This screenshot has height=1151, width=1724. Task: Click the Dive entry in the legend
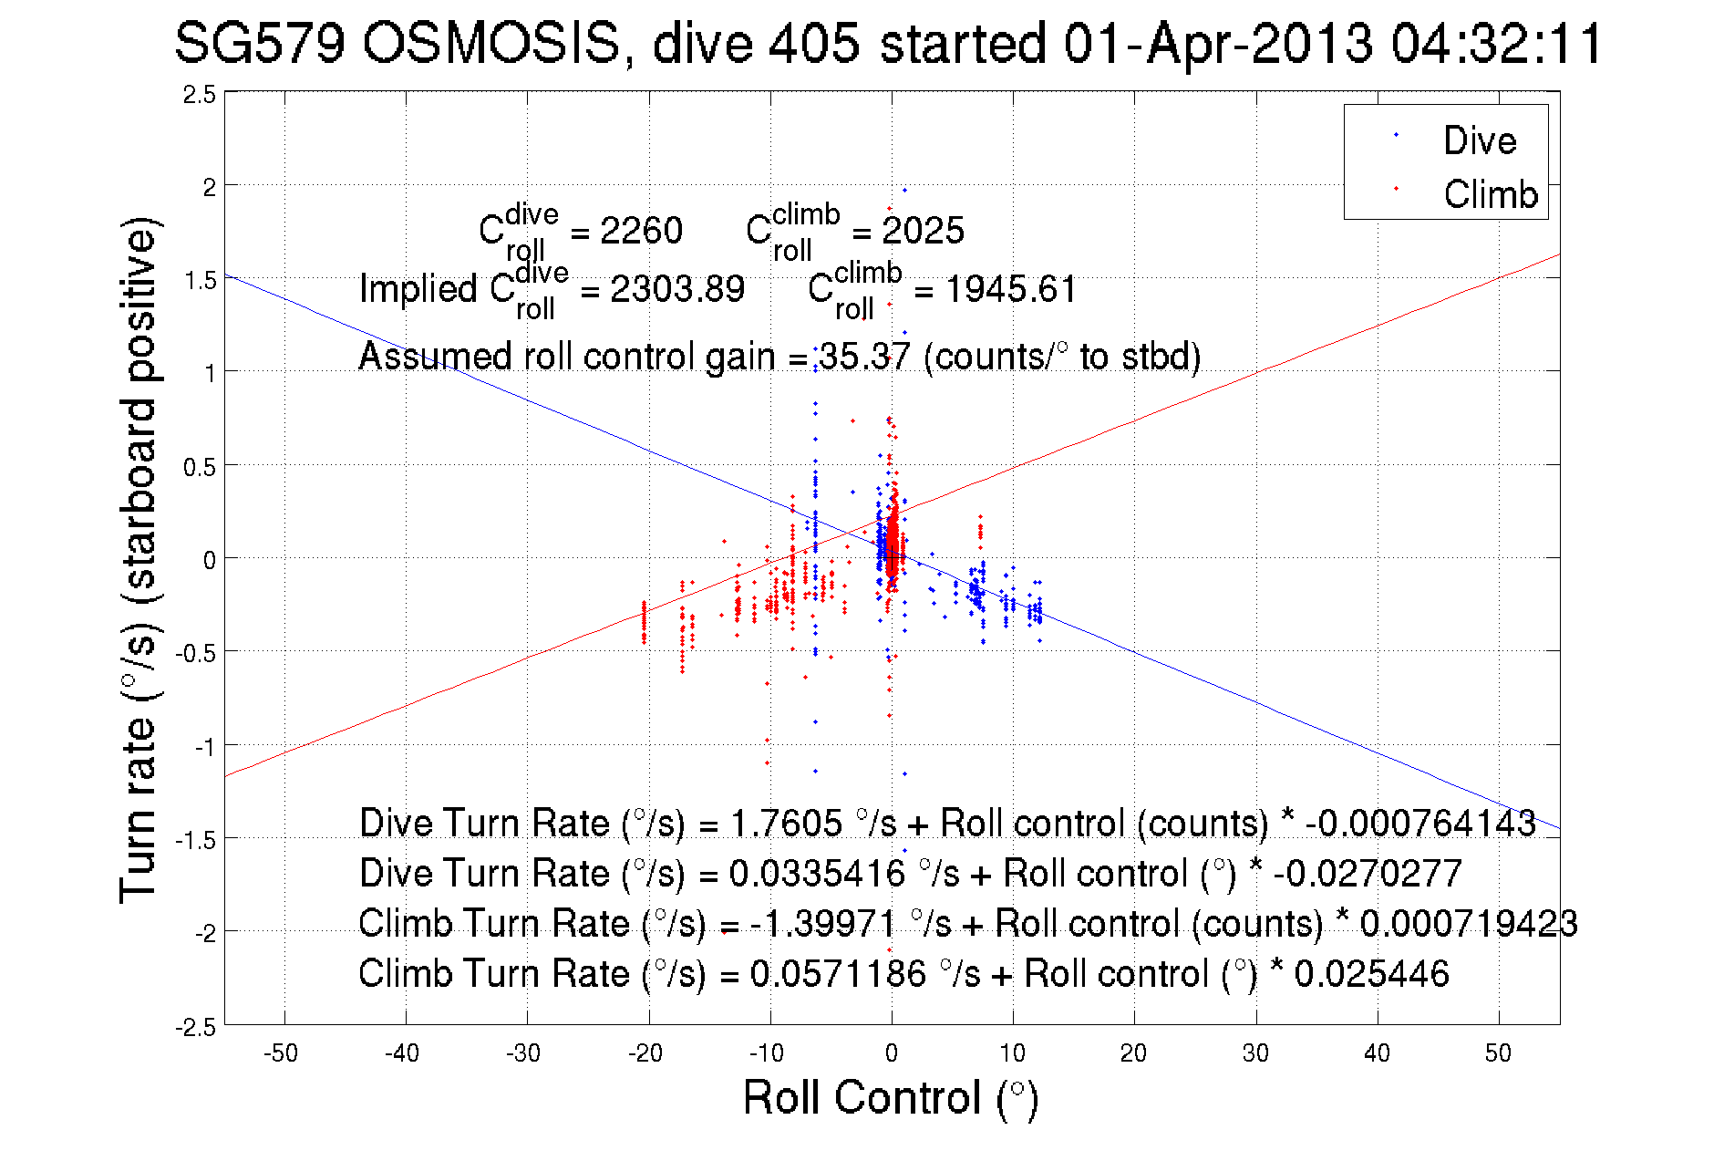[1479, 140]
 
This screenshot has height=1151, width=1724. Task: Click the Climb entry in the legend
[1490, 194]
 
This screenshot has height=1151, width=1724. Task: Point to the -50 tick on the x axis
[281, 1053]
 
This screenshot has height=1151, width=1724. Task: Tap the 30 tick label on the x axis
[1255, 1053]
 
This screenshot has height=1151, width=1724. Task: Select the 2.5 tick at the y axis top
[200, 95]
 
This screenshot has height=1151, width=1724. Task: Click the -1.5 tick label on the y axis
[196, 839]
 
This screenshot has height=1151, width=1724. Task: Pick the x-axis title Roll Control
[890, 1097]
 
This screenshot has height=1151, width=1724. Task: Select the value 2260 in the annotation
[641, 231]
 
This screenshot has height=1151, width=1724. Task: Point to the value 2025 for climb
[923, 231]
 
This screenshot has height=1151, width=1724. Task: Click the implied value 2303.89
[676, 289]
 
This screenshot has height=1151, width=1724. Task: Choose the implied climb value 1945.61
[1010, 289]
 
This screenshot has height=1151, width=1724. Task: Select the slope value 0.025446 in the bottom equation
[1371, 974]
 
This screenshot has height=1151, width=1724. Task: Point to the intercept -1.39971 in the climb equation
[823, 924]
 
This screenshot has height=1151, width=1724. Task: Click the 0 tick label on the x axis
[892, 1053]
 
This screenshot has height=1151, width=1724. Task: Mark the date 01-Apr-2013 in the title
[1217, 43]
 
